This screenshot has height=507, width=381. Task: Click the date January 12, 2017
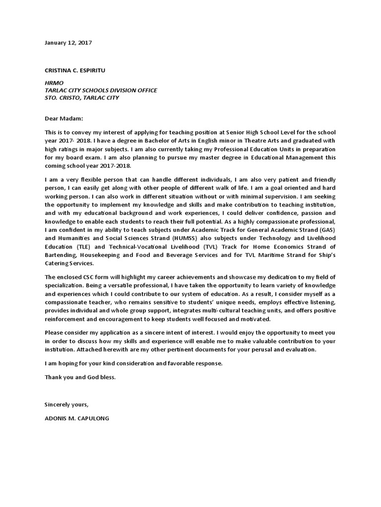click(68, 43)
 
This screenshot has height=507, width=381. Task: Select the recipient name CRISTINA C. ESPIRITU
click(74, 71)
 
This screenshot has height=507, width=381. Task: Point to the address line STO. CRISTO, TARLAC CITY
click(81, 98)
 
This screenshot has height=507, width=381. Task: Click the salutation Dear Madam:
click(64, 119)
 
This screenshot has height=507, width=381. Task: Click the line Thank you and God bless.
click(80, 377)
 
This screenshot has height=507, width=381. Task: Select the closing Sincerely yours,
click(66, 405)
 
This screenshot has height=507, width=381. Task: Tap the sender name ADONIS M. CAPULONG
click(76, 418)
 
